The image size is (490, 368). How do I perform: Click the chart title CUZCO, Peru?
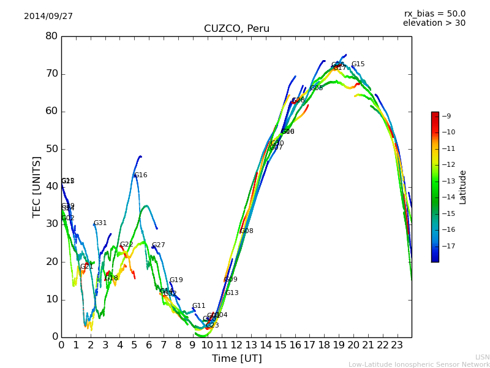point(236,29)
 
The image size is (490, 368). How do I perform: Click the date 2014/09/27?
point(48,16)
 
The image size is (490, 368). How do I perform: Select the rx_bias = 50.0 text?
point(434,13)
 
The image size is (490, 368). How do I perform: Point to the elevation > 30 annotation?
point(434,23)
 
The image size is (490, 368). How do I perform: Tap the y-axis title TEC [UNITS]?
point(37,186)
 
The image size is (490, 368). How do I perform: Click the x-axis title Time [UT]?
point(236,359)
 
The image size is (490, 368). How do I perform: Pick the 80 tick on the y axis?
point(51,36)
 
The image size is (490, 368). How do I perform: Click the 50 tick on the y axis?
point(51,149)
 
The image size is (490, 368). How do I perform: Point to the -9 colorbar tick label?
point(447,116)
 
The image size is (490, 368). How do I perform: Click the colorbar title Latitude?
point(463,186)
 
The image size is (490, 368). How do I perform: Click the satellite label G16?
point(141,175)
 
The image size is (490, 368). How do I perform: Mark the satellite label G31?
point(100,223)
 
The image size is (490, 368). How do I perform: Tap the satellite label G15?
point(358,64)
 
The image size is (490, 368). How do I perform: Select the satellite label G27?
point(159,245)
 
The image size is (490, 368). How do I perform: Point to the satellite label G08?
point(247,231)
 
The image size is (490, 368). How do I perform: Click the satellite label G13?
point(232,293)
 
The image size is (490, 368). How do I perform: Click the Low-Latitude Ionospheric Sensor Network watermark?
point(419,364)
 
